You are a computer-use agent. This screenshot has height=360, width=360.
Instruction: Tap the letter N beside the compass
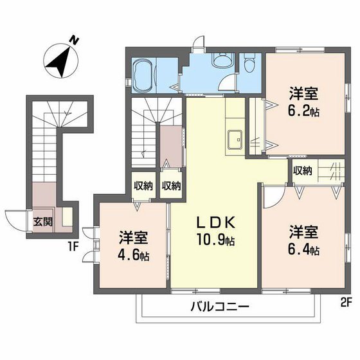coord(75,40)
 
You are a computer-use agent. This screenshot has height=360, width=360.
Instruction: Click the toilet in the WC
coord(250,65)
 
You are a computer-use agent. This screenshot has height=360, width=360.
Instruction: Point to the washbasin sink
coord(223,62)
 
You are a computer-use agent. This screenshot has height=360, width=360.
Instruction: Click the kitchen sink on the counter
coord(233,137)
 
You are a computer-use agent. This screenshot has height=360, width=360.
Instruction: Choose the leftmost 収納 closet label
coord(143,186)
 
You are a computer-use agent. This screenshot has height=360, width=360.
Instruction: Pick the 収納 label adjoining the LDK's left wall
coord(171,186)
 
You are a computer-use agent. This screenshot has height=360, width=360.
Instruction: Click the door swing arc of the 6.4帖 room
coord(271,196)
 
